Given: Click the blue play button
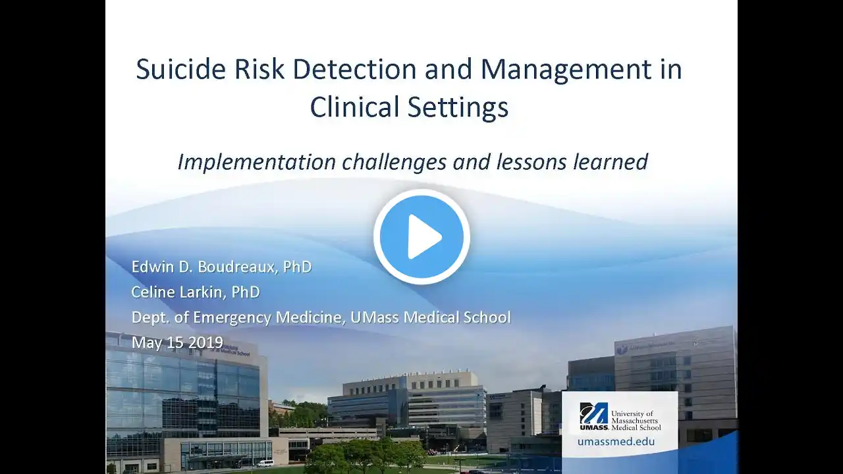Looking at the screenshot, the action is point(421,236).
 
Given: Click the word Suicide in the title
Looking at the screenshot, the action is point(180,69).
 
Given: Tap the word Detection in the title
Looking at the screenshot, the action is point(354,69).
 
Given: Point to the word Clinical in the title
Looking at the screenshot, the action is point(355,107).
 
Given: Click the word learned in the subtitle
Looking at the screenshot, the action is point(610,161).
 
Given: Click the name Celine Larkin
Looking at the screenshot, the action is point(178,292).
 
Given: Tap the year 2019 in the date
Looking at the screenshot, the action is point(205,342).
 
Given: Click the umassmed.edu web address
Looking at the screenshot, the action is point(616,441).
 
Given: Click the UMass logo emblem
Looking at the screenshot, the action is point(594,416).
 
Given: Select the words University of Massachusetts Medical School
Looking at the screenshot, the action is point(636,421).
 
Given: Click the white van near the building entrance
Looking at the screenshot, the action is point(265,463).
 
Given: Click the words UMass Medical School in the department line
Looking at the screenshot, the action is point(431,317).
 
